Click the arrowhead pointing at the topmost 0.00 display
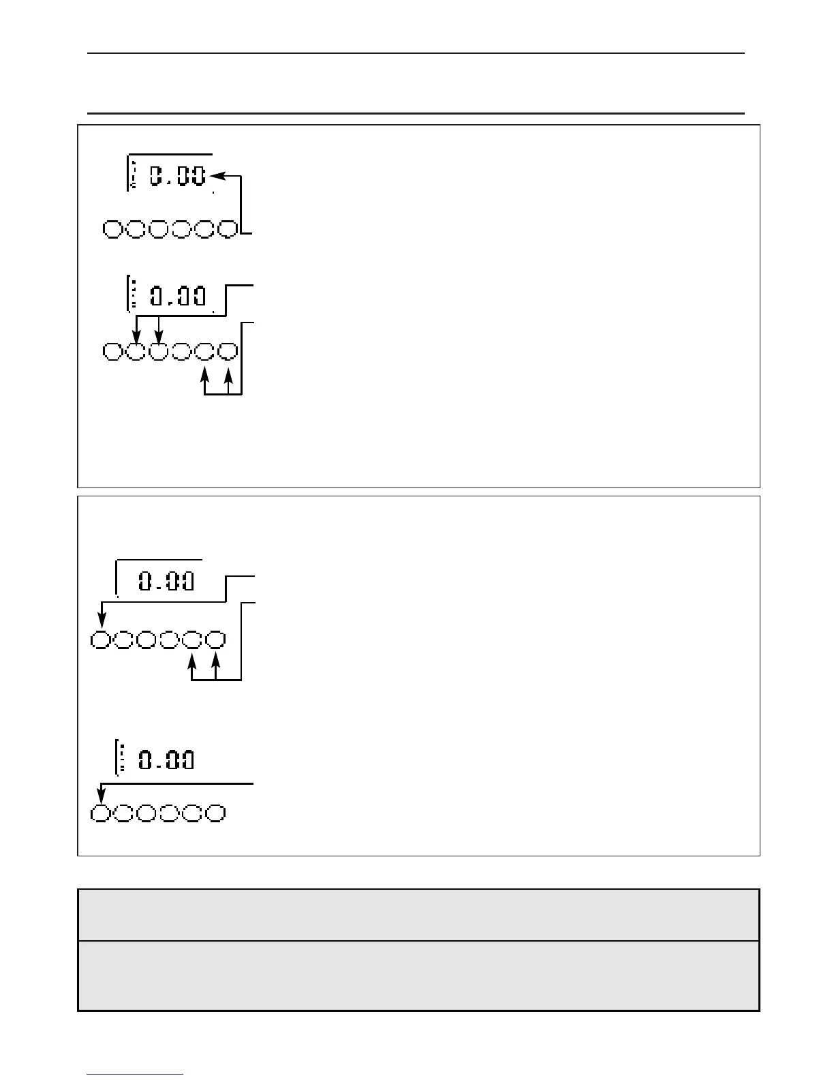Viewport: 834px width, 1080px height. tap(216, 176)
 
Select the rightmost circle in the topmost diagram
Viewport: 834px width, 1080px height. tap(228, 229)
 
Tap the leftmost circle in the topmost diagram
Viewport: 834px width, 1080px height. tap(113, 229)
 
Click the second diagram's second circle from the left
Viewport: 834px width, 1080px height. tap(136, 352)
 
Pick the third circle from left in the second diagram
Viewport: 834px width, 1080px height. tap(159, 352)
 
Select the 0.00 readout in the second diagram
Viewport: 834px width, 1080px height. tap(178, 297)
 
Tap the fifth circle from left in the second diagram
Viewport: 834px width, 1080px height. tap(205, 352)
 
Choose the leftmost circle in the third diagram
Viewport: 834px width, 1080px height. tap(102, 640)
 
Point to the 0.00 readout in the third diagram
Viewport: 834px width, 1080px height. tap(166, 582)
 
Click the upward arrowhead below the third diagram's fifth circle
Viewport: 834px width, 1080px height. tap(193, 659)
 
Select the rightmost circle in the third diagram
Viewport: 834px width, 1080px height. tap(216, 640)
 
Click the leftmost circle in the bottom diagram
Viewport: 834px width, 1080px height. tap(102, 813)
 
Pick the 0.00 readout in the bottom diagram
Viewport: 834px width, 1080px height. tap(166, 760)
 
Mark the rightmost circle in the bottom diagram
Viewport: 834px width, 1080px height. tap(216, 813)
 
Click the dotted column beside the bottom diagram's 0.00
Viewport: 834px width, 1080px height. tap(122, 759)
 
